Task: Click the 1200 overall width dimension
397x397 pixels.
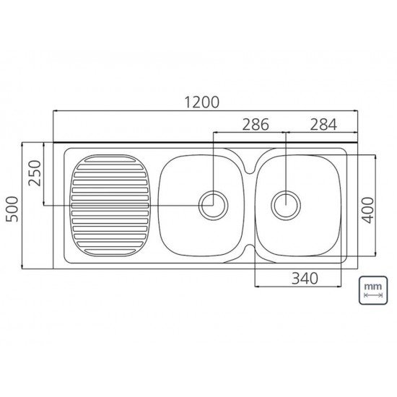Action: tap(201, 102)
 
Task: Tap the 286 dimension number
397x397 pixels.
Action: tap(256, 124)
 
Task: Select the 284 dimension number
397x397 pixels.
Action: tap(323, 124)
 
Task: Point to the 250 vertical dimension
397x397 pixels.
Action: tap(35, 173)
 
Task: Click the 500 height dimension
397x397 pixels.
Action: tap(12, 209)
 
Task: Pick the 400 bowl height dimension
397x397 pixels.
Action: tap(367, 210)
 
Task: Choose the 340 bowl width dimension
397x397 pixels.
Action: tap(305, 278)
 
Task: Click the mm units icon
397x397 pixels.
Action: tap(373, 290)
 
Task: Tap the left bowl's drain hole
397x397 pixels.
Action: tap(214, 205)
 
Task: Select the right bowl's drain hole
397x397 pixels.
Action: tap(286, 205)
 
